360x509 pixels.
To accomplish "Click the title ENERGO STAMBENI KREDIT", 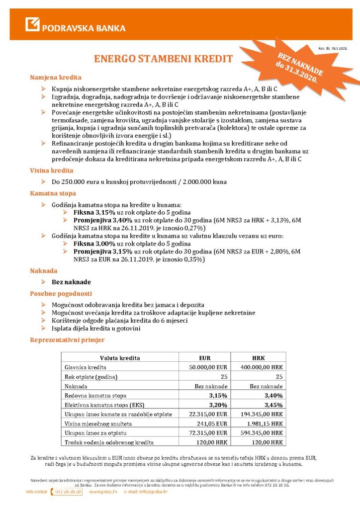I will point(163,59).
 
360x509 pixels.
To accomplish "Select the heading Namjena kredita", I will point(56,78).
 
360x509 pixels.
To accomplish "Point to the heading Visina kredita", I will point(52,170).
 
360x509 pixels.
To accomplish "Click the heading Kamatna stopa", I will point(53,193).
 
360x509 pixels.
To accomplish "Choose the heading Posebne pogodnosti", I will point(61,293).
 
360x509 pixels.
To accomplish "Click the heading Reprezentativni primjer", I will point(67,340).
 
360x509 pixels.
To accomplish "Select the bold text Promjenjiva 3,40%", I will point(102,219).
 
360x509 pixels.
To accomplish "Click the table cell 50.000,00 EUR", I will point(208,367).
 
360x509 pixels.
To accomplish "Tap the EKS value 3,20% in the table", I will point(218,405).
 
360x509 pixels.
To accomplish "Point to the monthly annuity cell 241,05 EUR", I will point(212,424).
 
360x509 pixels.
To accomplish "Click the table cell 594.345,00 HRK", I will point(263,433).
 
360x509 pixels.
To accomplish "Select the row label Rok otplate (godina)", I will point(91,377).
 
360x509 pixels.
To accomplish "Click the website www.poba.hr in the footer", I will point(103,492).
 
